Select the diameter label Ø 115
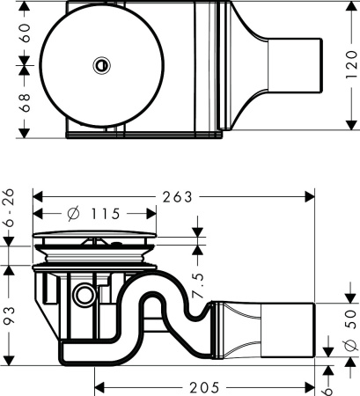(93, 214)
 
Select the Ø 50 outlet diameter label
(346, 326)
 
